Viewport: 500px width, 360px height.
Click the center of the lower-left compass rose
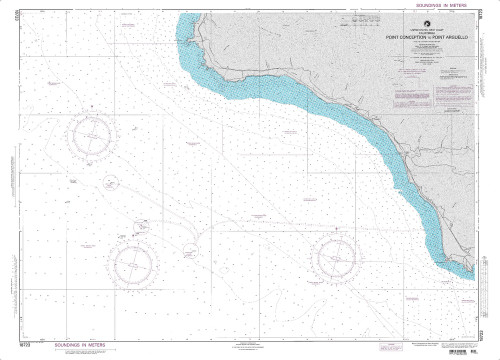pos(133,264)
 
